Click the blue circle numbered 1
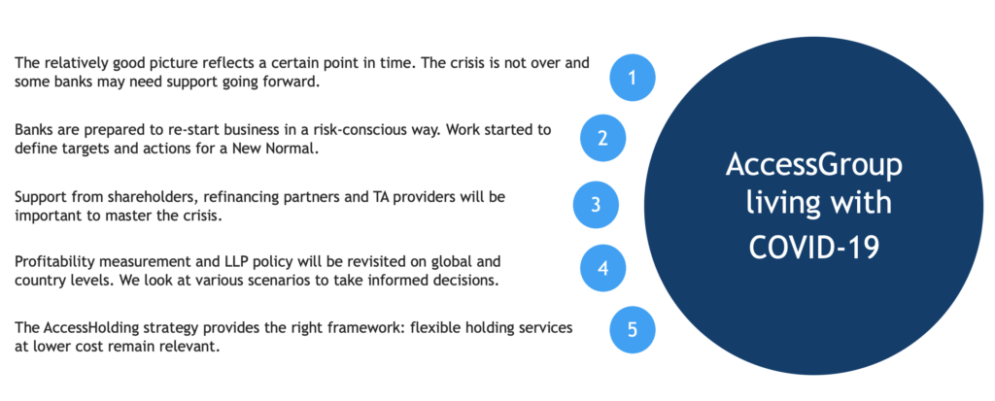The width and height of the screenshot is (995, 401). pos(632,78)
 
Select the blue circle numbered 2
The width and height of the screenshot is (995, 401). pos(602,138)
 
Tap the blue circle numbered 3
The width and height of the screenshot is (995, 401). pos(596,204)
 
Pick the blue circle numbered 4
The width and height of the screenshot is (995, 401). pos(602,268)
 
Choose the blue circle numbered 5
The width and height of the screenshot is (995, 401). pos(632,330)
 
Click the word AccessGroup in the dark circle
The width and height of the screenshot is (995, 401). pos(813,166)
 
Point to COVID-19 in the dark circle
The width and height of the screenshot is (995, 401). pos(813,247)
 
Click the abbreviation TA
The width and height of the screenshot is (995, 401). pos(387,197)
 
